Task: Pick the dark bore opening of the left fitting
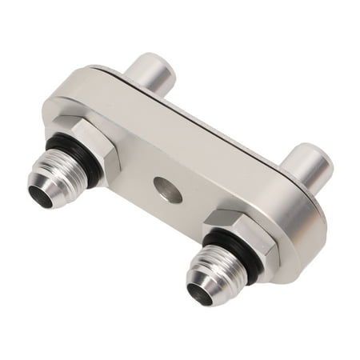(38, 195)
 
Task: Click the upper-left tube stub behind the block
(152, 76)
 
